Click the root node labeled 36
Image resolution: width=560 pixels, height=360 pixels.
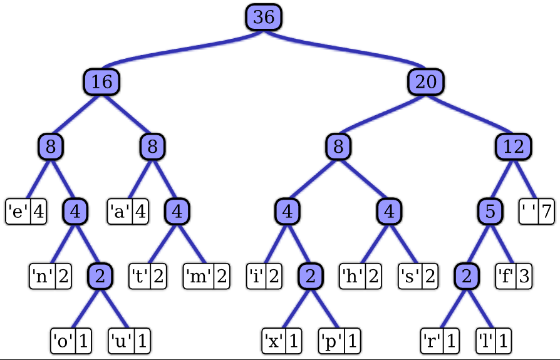264,17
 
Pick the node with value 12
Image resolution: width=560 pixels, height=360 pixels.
514,147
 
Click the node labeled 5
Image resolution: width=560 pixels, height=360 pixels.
490,212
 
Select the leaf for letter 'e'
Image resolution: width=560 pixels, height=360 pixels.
26,212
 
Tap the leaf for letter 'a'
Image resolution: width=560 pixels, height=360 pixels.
128,212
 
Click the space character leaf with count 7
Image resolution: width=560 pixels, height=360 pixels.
537,212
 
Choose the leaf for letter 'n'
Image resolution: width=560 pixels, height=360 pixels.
50,275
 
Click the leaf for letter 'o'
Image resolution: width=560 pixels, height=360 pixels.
71,341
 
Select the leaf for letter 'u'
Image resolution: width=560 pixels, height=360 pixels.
130,341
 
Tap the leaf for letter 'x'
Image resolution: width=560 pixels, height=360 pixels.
281,341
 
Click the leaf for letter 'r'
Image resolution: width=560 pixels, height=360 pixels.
440,341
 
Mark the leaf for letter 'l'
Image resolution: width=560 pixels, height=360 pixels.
493,341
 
